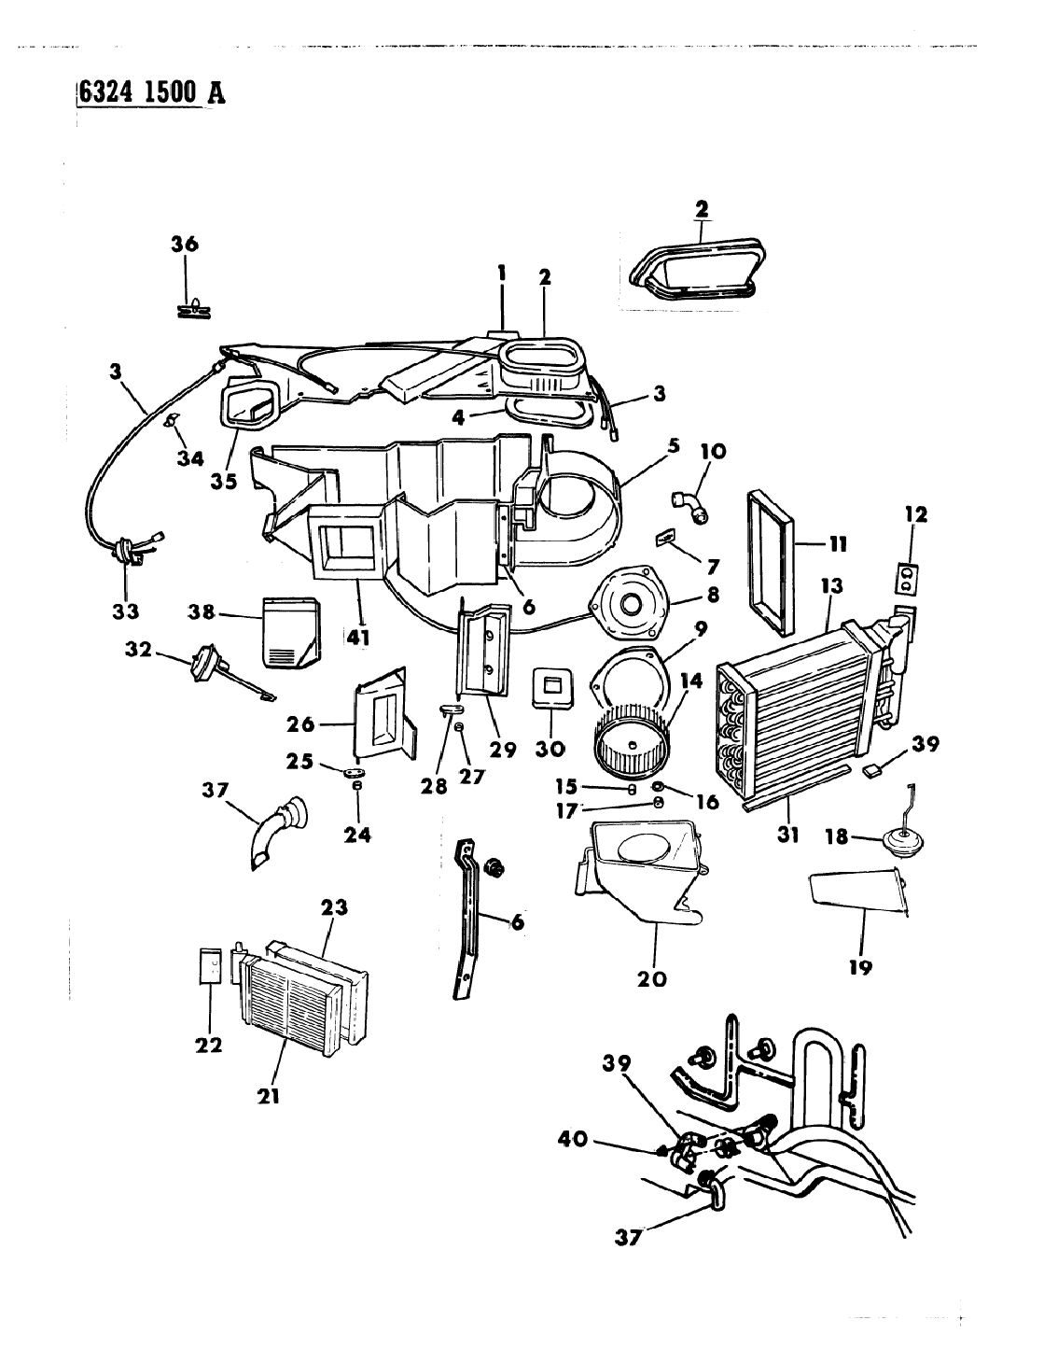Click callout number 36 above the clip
[x=185, y=245]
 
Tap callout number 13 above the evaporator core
[x=832, y=586]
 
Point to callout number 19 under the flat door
[x=860, y=967]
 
